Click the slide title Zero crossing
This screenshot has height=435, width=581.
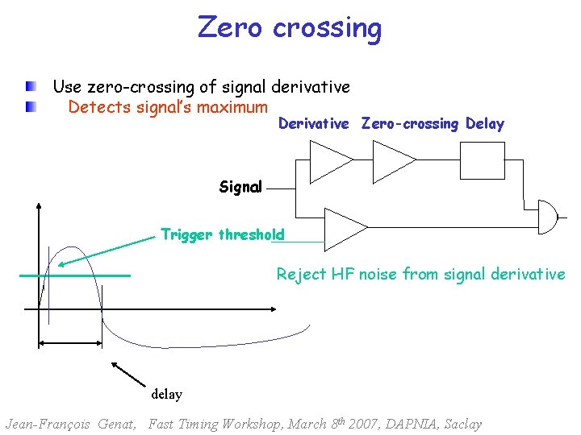click(x=290, y=28)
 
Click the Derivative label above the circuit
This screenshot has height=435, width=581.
click(x=313, y=124)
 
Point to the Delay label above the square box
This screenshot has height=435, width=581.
click(x=484, y=124)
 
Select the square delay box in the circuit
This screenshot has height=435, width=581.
click(x=483, y=159)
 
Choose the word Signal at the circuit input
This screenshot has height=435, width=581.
click(x=240, y=187)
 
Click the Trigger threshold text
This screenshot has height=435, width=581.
click(x=222, y=234)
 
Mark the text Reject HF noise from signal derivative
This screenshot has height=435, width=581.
click(x=420, y=274)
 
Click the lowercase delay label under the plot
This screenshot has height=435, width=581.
click(x=166, y=395)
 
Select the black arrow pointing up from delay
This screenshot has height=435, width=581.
click(x=128, y=375)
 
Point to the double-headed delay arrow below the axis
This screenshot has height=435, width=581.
click(x=70, y=342)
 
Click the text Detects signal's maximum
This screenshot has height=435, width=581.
click(x=168, y=107)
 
